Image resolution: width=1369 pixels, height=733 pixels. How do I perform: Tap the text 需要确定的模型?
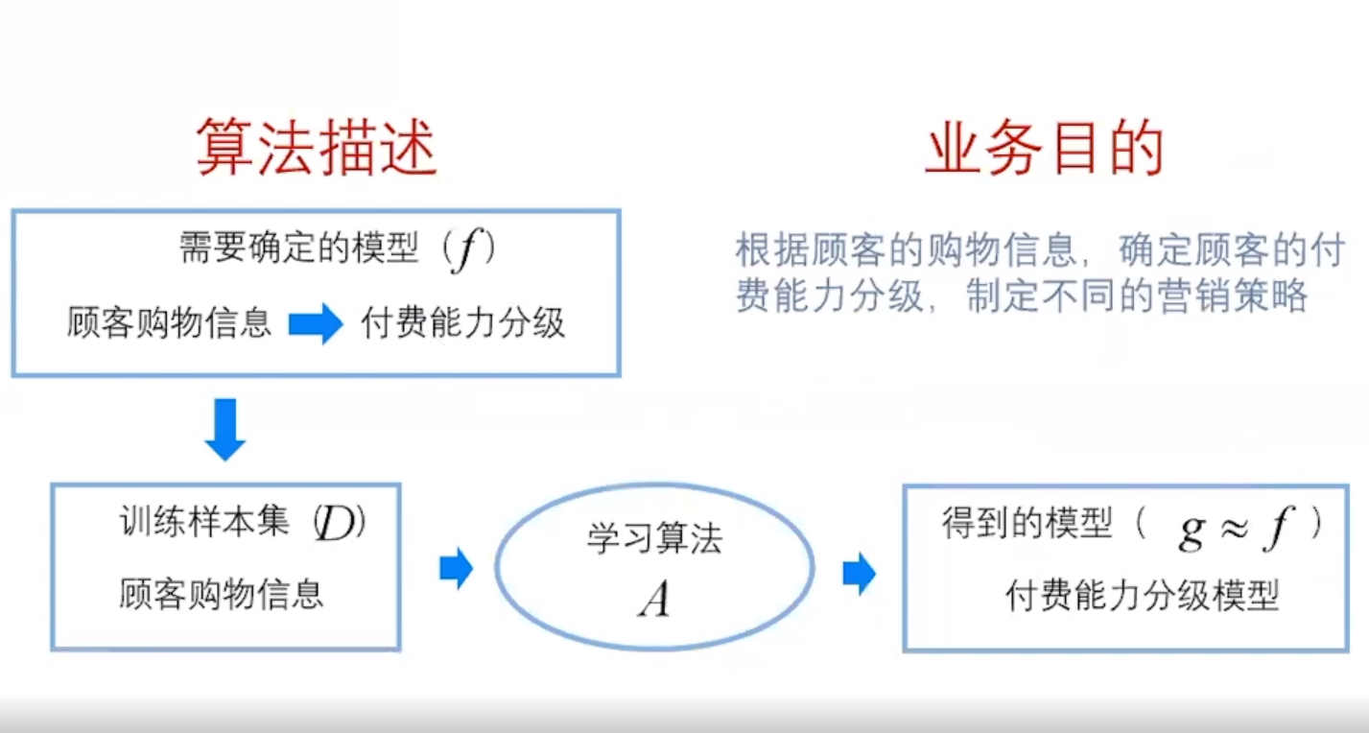pyautogui.click(x=299, y=249)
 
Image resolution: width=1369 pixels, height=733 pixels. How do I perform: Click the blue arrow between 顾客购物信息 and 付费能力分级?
pyautogui.click(x=316, y=324)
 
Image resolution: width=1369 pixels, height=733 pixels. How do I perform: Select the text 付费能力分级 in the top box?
pyautogui.click(x=463, y=324)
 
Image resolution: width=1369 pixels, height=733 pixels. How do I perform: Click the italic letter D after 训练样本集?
pyautogui.click(x=336, y=526)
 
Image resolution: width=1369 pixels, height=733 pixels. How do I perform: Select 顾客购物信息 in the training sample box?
pyautogui.click(x=222, y=595)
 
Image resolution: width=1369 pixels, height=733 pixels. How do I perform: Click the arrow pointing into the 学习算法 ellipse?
pyautogui.click(x=456, y=569)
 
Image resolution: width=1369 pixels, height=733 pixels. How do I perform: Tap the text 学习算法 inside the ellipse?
pyautogui.click(x=654, y=539)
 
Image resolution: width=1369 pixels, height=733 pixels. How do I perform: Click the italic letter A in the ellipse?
pyautogui.click(x=654, y=600)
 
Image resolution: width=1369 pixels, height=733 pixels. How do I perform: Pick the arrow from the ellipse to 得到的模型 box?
pyautogui.click(x=859, y=574)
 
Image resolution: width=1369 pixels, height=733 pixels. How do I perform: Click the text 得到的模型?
pyautogui.click(x=1027, y=525)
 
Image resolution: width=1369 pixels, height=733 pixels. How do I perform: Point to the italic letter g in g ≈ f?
pyautogui.click(x=1192, y=530)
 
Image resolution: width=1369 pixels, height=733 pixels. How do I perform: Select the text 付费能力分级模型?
pyautogui.click(x=1142, y=597)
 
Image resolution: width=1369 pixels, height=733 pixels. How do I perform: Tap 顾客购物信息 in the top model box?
pyautogui.click(x=169, y=324)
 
